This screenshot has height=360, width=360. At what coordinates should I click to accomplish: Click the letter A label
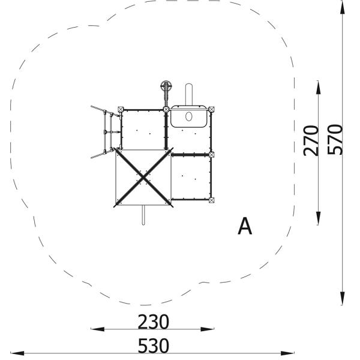coord(245,227)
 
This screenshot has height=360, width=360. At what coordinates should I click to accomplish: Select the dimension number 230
coord(153,322)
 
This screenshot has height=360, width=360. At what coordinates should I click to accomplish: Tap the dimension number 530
coord(153,346)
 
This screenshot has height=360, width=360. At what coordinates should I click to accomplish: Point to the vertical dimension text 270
coord(311,140)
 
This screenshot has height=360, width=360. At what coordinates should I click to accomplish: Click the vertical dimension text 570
coord(335,139)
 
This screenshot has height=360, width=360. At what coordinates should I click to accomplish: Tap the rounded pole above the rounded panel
coord(190,94)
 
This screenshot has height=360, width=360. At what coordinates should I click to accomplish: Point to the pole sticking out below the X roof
coord(143,215)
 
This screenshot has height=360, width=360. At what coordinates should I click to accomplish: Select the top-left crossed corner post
coord(121,109)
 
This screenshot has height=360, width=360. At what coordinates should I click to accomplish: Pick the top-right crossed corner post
coord(212,109)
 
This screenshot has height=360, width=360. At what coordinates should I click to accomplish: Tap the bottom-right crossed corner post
coord(212,200)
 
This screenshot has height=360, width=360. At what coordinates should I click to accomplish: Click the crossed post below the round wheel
coord(166,109)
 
